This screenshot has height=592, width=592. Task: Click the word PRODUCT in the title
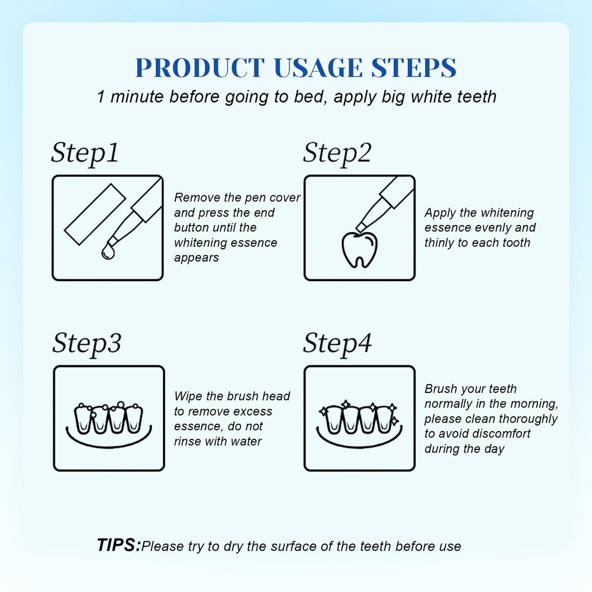[x=200, y=68]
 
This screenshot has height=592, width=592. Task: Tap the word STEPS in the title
[x=414, y=68]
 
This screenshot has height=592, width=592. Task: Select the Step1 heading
[x=85, y=153]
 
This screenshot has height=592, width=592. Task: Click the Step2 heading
[x=337, y=153]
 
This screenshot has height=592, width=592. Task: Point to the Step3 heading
[x=87, y=343]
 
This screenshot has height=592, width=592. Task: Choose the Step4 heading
[x=337, y=343]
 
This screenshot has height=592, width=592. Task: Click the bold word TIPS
[x=118, y=545]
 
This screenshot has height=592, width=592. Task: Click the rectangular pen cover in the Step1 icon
[x=95, y=214]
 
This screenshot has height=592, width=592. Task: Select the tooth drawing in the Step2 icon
[x=359, y=250]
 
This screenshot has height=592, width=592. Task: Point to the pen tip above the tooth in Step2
[x=360, y=227]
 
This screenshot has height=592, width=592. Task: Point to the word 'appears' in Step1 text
[x=197, y=258]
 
